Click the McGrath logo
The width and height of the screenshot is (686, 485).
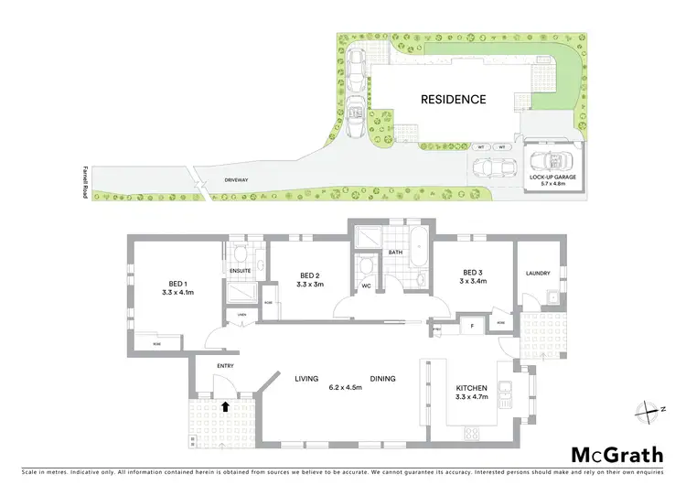pos(617,456)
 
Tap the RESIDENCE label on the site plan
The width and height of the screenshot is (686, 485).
pos(453,99)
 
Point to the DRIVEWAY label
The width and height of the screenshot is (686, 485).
pos(236,179)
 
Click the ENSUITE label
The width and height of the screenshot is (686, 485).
pos(240,271)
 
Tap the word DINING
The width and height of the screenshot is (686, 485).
pos(382,378)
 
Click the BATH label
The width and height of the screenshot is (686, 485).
pos(395,252)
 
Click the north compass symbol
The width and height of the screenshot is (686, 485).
pos(650,409)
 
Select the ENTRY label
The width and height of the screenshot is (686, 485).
pos(225,366)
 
